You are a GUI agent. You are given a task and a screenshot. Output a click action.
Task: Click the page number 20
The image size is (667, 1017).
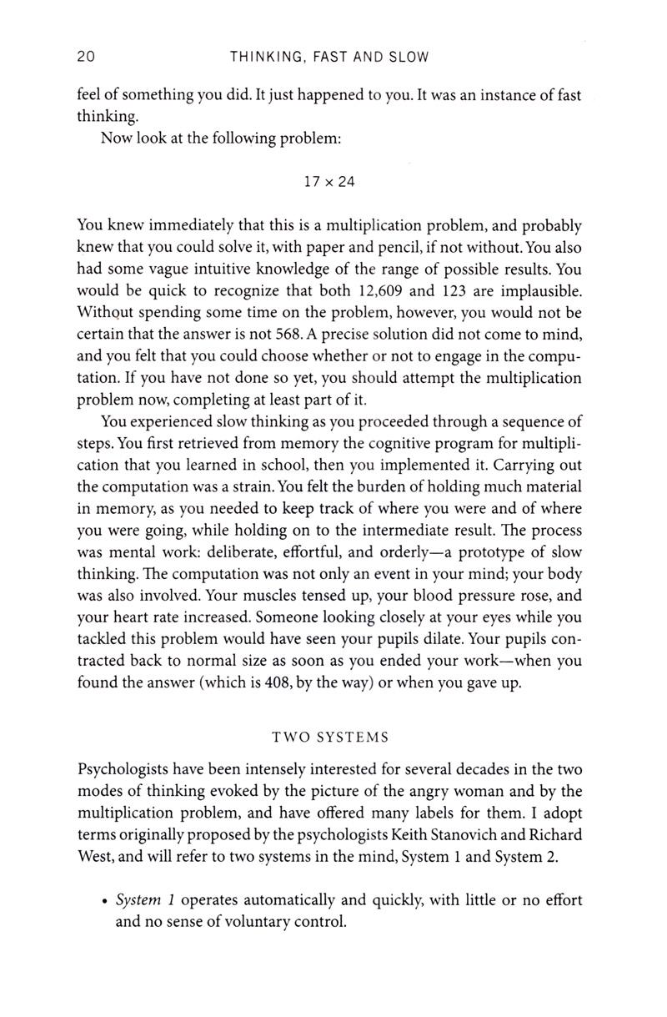tap(86, 57)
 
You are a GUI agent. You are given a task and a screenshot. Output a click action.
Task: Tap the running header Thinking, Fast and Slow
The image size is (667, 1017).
tap(328, 57)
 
